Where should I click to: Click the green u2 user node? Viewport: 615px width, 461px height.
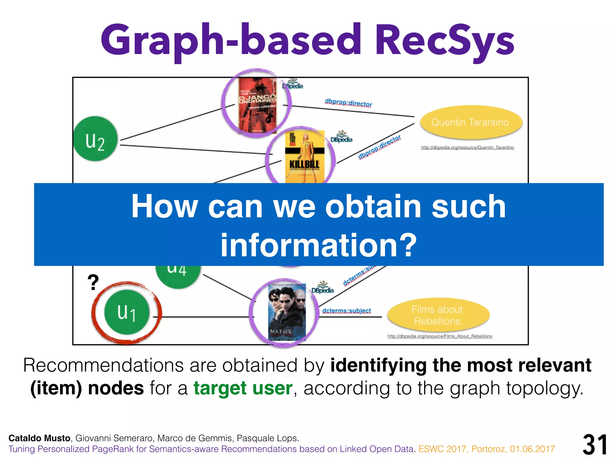point(95,139)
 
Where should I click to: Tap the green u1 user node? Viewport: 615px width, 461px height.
point(127,312)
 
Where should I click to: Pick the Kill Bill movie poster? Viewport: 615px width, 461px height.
point(304,157)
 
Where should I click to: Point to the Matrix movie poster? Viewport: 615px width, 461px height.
point(286,312)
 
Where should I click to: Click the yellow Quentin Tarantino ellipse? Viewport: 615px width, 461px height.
point(470,122)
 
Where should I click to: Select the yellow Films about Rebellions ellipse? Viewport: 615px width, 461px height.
point(438,315)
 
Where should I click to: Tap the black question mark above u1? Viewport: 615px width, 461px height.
point(93,282)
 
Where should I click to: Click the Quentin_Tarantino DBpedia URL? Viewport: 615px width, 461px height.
point(467,147)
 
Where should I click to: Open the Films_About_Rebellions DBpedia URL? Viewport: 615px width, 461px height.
point(440,336)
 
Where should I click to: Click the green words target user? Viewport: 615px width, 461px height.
point(243,388)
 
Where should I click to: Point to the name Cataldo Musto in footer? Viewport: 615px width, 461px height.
point(39,438)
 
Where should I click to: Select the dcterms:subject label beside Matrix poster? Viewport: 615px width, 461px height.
point(347,311)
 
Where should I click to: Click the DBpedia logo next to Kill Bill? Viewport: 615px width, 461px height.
point(341,137)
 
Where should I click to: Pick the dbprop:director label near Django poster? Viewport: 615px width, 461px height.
point(348,103)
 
